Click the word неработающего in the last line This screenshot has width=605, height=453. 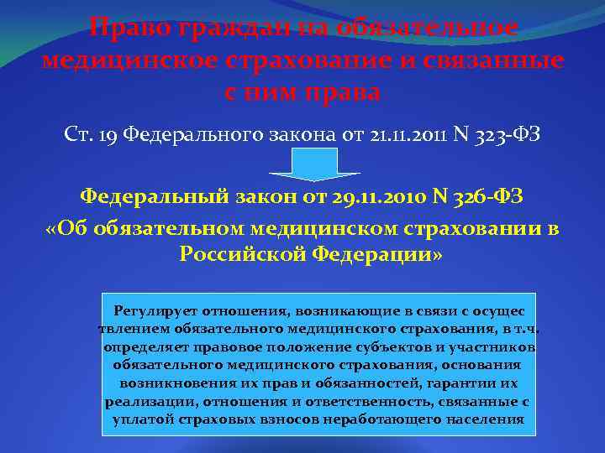pos(373,420)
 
